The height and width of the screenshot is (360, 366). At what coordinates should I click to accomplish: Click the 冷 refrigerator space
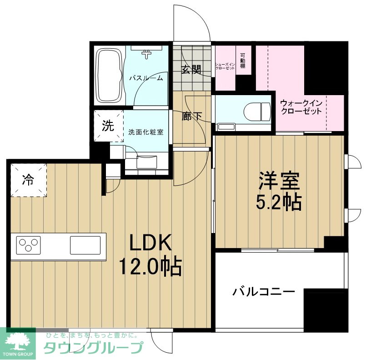[28, 180]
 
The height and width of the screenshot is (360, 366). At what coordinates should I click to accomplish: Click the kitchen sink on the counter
[85, 245]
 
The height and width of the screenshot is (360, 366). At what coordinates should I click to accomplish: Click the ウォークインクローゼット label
[301, 107]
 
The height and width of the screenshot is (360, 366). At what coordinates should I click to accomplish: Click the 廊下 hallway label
[192, 116]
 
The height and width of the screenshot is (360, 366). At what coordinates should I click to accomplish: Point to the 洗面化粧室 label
[145, 132]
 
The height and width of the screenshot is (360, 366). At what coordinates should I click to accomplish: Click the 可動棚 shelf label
[243, 60]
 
